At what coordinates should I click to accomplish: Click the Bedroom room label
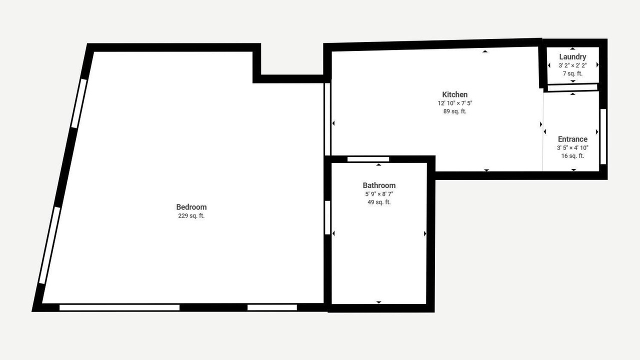coord(191,207)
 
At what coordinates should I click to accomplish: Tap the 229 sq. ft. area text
coord(191,215)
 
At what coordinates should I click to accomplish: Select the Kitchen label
coord(455,94)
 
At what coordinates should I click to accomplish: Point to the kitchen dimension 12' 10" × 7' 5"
coord(455,103)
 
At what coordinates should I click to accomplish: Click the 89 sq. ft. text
coord(455,111)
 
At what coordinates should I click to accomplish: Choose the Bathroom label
coord(379,185)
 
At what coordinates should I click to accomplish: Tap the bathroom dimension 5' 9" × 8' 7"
coord(379,194)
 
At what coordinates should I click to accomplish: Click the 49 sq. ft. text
coord(379,202)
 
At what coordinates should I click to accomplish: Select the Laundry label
coord(573,57)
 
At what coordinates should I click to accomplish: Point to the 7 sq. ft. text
coord(573,73)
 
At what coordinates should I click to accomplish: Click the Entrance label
coord(573,139)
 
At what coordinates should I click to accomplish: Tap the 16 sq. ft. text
coord(573,156)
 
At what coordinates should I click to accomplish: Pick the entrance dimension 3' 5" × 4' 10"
coord(573,147)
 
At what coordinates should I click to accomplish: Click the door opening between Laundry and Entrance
coord(572,87)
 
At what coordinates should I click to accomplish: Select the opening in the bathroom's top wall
coord(368,159)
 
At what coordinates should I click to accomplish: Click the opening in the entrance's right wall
coord(603,136)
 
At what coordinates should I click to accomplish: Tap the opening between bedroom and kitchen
coord(327,119)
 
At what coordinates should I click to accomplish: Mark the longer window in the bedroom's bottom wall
coord(119,307)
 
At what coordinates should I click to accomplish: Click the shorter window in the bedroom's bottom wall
coord(272,307)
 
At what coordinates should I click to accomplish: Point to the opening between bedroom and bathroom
coord(327,217)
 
